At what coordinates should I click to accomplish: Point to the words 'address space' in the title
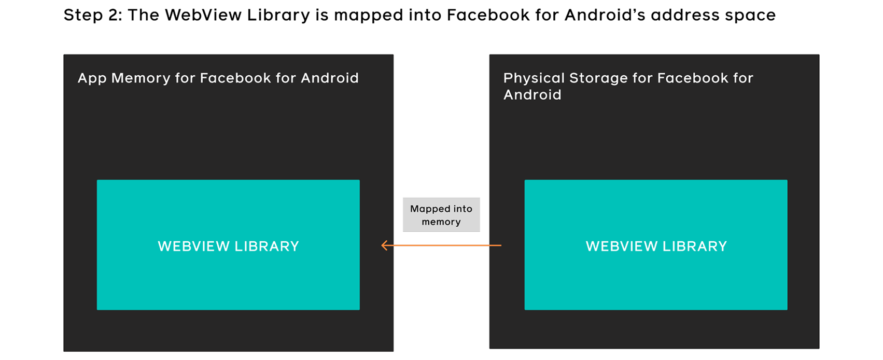[x=713, y=16]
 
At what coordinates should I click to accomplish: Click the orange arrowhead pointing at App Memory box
[x=384, y=245]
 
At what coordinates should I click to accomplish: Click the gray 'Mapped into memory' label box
[x=441, y=215]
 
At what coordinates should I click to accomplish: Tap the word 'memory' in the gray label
[x=441, y=222]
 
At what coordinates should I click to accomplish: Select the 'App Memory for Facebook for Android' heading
[x=218, y=78]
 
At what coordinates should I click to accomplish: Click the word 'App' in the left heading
[x=92, y=78]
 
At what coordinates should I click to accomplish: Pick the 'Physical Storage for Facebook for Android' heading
[x=627, y=86]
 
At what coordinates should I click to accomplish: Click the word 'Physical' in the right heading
[x=534, y=78]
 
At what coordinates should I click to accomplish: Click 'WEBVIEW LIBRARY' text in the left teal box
[x=228, y=246]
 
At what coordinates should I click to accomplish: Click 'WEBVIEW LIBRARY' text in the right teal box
[x=656, y=246]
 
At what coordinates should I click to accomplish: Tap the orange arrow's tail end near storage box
[x=499, y=245]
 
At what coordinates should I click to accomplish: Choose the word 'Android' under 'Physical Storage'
[x=532, y=95]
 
